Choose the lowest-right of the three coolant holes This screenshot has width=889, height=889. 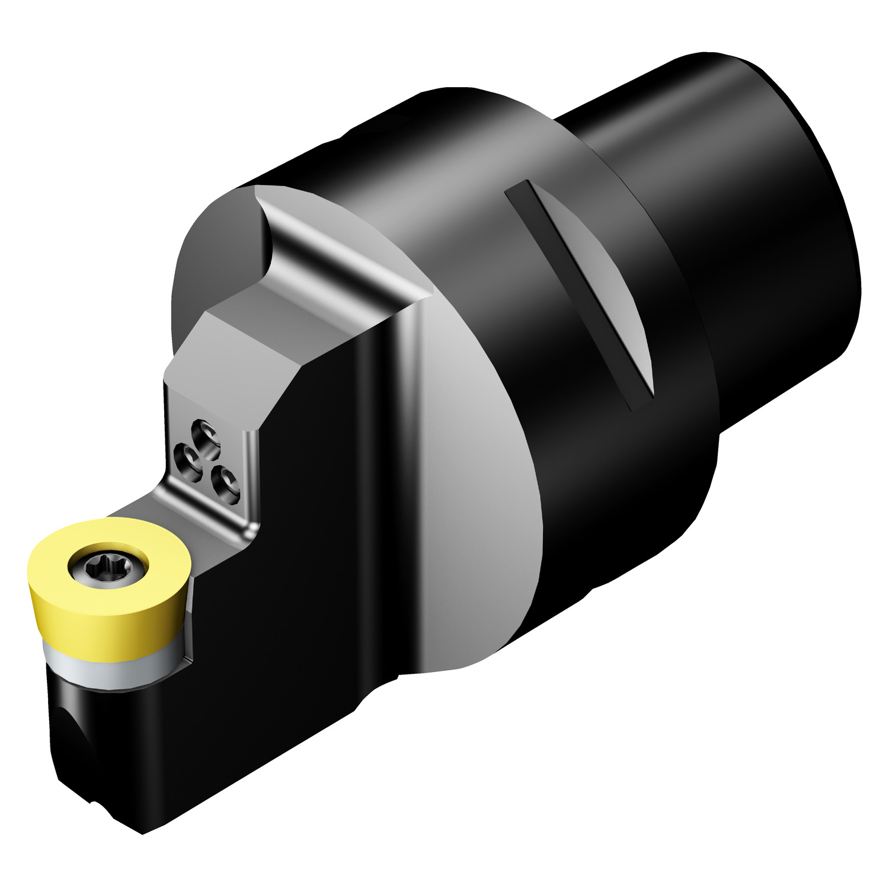[x=226, y=481]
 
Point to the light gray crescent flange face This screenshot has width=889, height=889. [x=474, y=474]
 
